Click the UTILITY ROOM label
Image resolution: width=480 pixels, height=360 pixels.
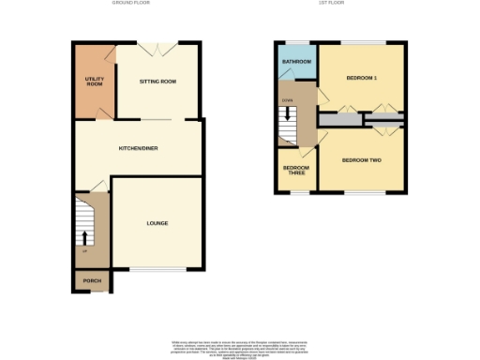pyautogui.click(x=94, y=82)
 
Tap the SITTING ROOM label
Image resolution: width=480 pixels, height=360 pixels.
pyautogui.click(x=157, y=82)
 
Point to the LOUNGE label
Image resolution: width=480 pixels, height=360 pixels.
pyautogui.click(x=157, y=223)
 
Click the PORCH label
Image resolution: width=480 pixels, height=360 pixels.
pyautogui.click(x=92, y=280)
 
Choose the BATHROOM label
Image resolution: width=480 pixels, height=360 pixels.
pyautogui.click(x=296, y=62)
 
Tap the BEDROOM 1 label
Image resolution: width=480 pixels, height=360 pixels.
pyautogui.click(x=361, y=77)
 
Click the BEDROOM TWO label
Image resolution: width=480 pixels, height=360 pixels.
pyautogui.click(x=361, y=160)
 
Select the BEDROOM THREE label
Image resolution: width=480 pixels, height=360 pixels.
pyautogui.click(x=296, y=171)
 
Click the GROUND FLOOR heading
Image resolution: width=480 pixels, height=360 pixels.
pyautogui.click(x=130, y=4)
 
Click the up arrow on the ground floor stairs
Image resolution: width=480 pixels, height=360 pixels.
pyautogui.click(x=85, y=229)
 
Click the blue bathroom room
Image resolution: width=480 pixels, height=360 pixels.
pyautogui.click(x=296, y=70)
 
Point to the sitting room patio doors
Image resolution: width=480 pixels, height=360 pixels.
pyautogui.click(x=157, y=43)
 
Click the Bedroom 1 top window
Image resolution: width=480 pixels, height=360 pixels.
pyautogui.click(x=362, y=42)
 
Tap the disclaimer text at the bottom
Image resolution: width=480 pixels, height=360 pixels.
pyautogui.click(x=239, y=345)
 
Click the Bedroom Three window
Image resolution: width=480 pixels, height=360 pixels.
pyautogui.click(x=296, y=193)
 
